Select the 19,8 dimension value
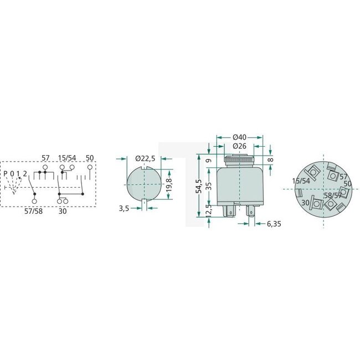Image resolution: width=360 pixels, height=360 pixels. [x=169, y=183]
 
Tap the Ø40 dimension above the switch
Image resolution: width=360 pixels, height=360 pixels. [x=239, y=137]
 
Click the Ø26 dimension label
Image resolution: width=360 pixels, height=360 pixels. [x=239, y=146]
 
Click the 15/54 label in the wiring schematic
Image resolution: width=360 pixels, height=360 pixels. [x=67, y=158]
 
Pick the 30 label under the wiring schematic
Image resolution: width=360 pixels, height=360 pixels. [x=63, y=211]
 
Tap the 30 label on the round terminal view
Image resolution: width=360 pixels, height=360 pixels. [x=305, y=203]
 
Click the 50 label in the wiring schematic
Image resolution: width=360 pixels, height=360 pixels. [x=89, y=158]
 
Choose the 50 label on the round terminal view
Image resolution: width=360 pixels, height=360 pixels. [x=348, y=183]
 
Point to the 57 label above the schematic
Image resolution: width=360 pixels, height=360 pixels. [x=46, y=158]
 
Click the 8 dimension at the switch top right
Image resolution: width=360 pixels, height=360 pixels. [x=270, y=159]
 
